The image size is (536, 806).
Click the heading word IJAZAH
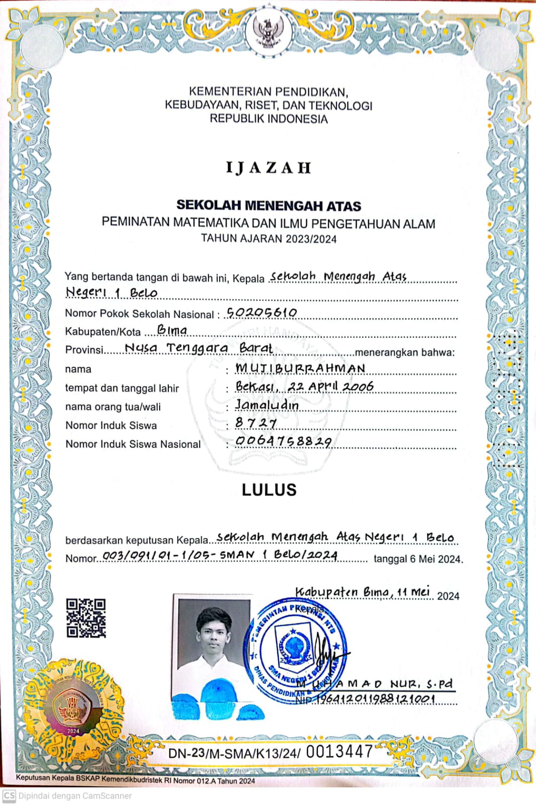pos(269,168)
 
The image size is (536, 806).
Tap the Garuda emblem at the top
pos(269,31)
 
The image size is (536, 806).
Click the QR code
pos(86,618)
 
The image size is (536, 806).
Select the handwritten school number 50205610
pos(261,313)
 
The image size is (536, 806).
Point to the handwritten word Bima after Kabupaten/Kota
pos(172,330)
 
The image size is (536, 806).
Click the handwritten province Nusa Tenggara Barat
pos(198,348)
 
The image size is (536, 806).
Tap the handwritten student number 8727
pos(256,423)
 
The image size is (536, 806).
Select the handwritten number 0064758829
pos(284,442)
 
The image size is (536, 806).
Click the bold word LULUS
pos(269,490)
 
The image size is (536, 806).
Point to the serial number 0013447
pos(339,752)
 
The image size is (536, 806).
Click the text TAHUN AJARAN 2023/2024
pos(269,239)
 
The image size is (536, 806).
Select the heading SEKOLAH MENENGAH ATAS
pos(269,206)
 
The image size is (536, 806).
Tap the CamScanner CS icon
pos(9,796)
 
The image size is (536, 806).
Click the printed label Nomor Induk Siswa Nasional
pos(133,444)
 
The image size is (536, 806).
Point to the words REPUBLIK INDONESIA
pos(269,119)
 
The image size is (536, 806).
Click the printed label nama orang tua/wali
pos(113,407)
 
